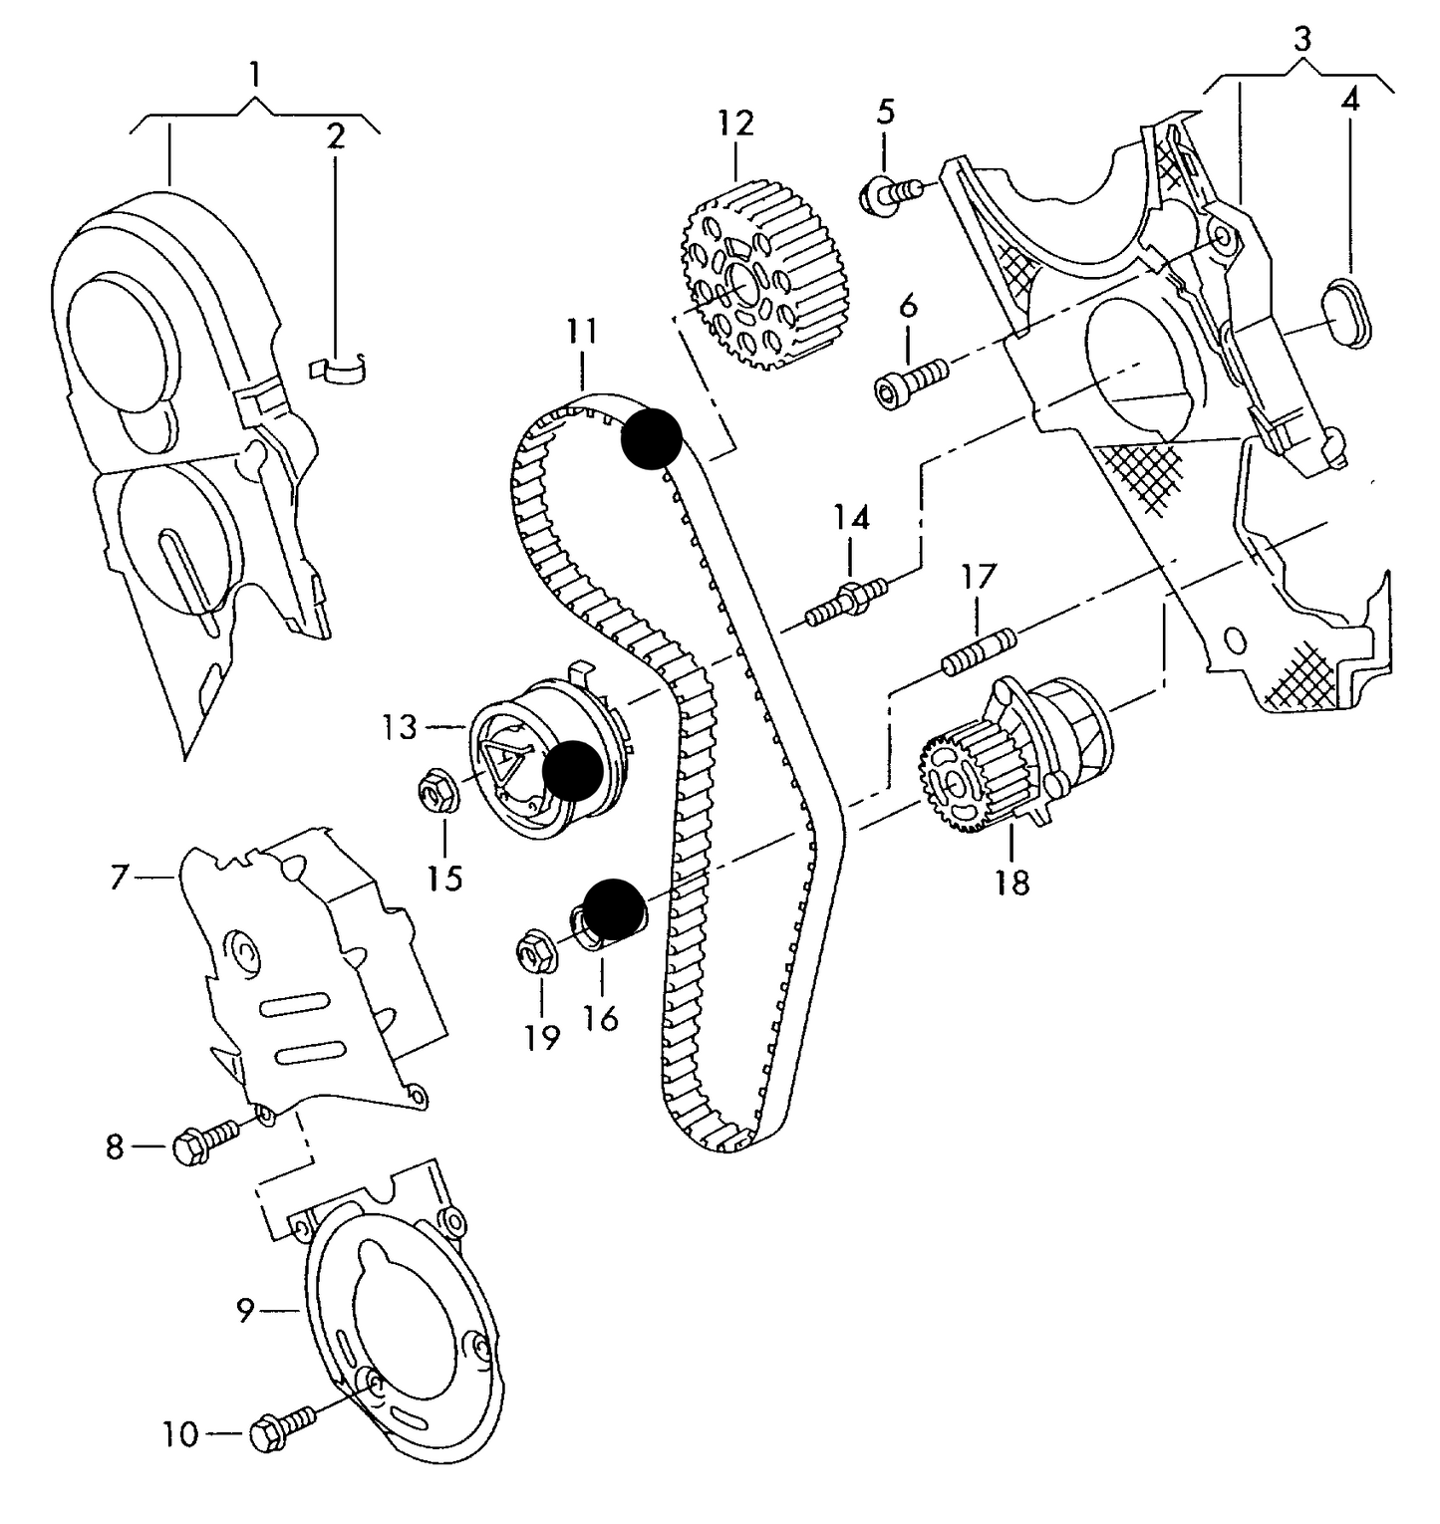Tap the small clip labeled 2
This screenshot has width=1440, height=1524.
click(339, 368)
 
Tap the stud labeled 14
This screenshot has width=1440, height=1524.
click(847, 600)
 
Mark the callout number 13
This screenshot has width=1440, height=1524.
click(400, 728)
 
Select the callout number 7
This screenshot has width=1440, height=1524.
click(120, 879)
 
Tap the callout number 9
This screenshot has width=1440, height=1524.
click(246, 1311)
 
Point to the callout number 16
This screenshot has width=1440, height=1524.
click(602, 1017)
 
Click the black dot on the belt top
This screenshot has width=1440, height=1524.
click(651, 438)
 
